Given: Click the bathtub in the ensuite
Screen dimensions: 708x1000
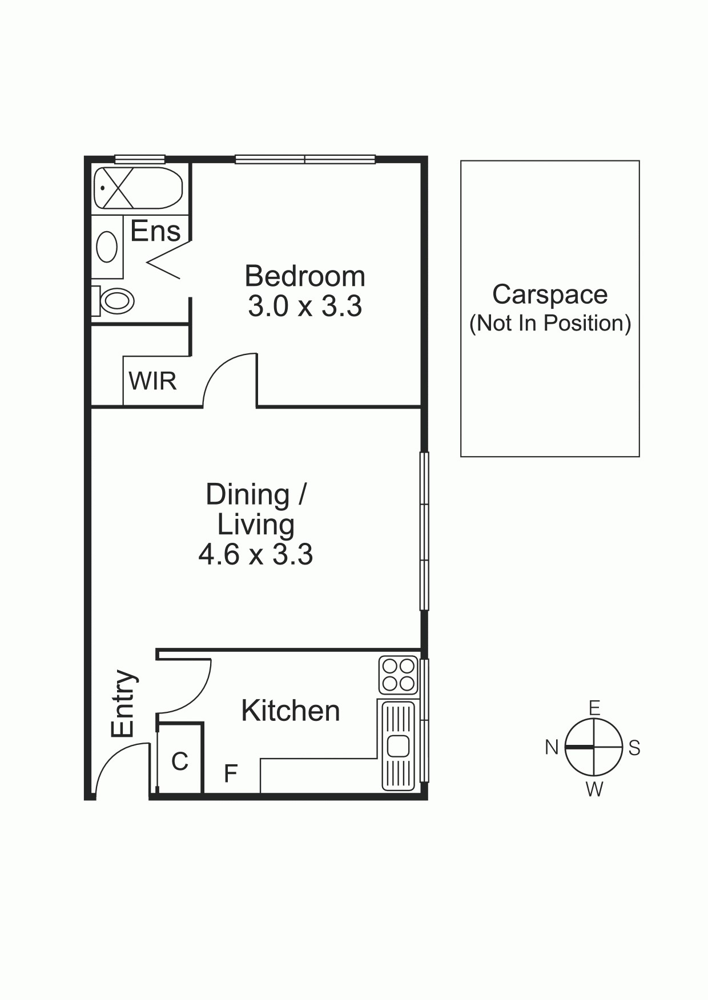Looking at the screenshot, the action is (x=138, y=188).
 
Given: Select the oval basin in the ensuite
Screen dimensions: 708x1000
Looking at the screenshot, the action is (x=107, y=247).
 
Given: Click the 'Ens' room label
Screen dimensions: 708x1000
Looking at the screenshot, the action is (x=155, y=231).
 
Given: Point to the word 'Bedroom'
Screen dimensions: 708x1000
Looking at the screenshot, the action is (x=305, y=276).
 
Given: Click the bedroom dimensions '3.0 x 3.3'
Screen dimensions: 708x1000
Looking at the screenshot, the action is (x=305, y=307).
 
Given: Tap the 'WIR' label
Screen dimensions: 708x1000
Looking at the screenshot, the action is (x=152, y=381).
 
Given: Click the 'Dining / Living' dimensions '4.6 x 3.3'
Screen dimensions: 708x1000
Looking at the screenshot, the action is (x=256, y=554).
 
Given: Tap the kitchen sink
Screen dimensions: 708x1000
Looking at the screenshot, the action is (x=398, y=745).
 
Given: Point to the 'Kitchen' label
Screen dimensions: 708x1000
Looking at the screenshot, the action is (x=290, y=711).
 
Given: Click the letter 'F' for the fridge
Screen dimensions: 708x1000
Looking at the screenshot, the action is (x=230, y=773).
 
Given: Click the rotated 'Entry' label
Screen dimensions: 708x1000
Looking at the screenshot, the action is (x=124, y=703).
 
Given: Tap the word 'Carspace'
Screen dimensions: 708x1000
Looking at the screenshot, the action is (x=550, y=295).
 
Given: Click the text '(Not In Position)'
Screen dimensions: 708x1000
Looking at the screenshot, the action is (x=550, y=323).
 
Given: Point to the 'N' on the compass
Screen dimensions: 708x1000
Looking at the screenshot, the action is (x=552, y=747).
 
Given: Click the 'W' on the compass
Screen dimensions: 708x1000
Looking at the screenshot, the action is (x=594, y=789).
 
